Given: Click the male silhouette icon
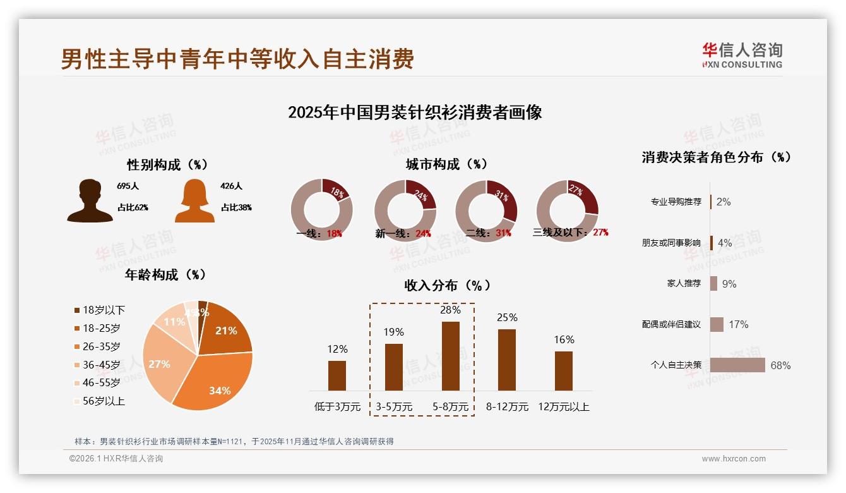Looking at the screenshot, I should (90, 201).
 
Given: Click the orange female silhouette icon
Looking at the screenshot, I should (194, 201).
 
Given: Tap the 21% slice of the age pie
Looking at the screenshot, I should (224, 329).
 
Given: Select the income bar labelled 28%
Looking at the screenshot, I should (450, 356).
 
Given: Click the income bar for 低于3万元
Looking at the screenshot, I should (337, 375).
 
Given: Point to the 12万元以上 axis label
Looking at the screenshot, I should (563, 407).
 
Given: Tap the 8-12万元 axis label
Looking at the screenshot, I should (507, 407).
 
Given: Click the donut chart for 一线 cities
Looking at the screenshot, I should (321, 209).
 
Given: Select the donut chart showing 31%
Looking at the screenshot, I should (486, 209).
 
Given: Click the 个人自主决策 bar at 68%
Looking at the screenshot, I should (737, 365).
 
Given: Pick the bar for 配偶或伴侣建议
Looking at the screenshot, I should (717, 324).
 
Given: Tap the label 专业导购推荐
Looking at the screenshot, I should (676, 202).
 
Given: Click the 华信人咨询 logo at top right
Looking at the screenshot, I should (742, 56).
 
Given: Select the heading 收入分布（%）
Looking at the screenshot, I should (447, 285).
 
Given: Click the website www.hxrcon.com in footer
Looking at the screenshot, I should (734, 459).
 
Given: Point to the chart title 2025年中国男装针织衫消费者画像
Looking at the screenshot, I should (415, 113).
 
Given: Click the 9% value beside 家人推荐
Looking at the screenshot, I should (729, 284).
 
